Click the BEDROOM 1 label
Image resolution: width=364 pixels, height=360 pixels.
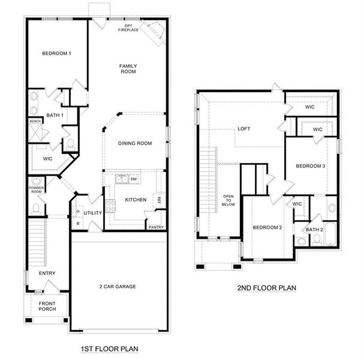(56, 54)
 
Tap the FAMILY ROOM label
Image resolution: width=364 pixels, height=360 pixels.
(128, 68)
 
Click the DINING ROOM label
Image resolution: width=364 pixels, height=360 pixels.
(134, 143)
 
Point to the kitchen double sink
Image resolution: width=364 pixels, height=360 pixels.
(122, 178)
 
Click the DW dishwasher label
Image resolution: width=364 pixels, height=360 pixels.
(134, 179)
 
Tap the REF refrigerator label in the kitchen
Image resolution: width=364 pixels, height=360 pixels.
(159, 200)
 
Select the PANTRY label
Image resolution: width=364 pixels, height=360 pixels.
(156, 227)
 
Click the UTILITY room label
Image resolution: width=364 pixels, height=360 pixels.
(93, 213)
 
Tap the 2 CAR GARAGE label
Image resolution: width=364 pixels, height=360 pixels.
(118, 286)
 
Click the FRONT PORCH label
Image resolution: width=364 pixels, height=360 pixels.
(47, 307)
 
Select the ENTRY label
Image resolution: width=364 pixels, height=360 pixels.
(47, 274)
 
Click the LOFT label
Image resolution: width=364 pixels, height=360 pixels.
(243, 128)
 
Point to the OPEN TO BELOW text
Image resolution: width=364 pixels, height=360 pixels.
(228, 200)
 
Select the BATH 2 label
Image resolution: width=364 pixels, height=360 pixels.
(314, 229)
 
